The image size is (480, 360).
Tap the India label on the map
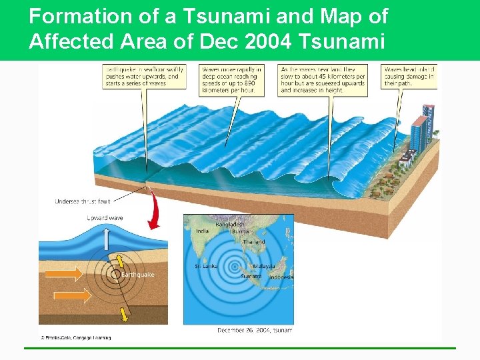(x=201, y=231)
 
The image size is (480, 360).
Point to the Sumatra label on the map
(x=250, y=275)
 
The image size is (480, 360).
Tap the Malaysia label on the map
(x=263, y=266)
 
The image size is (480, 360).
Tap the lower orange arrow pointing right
(x=78, y=295)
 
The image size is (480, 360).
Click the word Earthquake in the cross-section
(x=137, y=275)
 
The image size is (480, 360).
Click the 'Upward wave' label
(x=104, y=218)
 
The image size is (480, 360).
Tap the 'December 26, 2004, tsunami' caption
(x=255, y=330)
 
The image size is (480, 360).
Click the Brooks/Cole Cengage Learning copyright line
(x=75, y=338)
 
